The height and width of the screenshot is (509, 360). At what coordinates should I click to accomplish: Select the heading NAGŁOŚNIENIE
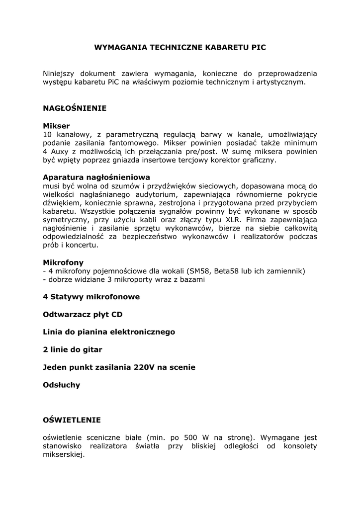coord(75,108)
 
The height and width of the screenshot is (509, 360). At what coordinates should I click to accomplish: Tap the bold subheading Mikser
coord(56,126)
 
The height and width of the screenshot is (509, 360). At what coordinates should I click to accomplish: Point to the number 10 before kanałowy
coord(48,134)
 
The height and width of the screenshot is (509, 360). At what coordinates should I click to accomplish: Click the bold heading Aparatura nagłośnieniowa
coord(96,177)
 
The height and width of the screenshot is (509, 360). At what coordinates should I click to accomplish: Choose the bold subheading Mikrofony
coord(63,262)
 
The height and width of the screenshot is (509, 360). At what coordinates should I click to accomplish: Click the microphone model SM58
coord(198,271)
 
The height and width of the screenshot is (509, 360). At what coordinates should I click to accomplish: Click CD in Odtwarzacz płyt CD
coord(117,315)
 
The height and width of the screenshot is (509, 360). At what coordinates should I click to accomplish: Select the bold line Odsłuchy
coord(61,385)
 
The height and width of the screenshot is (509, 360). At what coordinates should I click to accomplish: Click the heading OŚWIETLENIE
coord(72,420)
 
